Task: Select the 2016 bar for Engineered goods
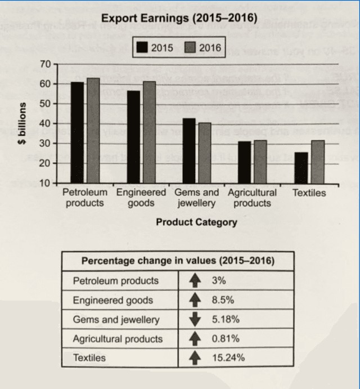click(x=149, y=132)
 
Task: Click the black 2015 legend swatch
click(x=142, y=48)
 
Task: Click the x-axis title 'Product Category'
click(x=196, y=222)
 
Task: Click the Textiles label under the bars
click(x=309, y=193)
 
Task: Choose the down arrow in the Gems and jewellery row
click(x=195, y=319)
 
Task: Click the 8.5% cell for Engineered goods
click(x=223, y=300)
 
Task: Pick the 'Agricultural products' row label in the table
click(x=118, y=338)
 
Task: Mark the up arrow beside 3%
click(x=195, y=280)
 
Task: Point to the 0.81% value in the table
click(x=226, y=338)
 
